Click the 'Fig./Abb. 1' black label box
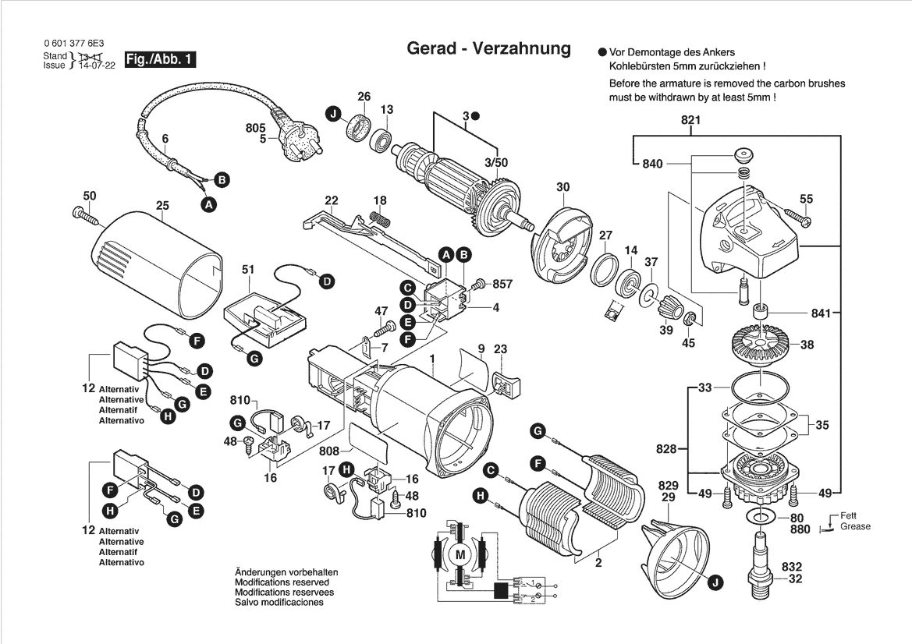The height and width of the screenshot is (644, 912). point(161,59)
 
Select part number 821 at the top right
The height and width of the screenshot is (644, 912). point(690,120)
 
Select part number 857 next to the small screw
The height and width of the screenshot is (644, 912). point(502,284)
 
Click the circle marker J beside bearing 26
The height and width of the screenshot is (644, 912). point(333,115)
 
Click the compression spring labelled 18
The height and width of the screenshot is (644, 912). point(378,218)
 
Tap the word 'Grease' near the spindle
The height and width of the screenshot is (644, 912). point(855,526)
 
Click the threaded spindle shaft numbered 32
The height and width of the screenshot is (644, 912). point(761,560)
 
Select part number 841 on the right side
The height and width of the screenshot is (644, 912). point(822,313)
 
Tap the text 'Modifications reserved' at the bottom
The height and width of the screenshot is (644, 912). point(282,582)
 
